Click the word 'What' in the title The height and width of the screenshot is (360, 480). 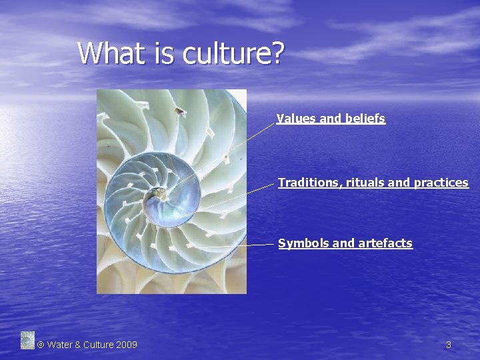(x=107, y=53)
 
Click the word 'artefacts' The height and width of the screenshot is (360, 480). (x=385, y=243)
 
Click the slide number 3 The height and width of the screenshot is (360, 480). (x=448, y=345)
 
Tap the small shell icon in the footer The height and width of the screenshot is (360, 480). (x=27, y=340)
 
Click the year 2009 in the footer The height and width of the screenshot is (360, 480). (x=127, y=345)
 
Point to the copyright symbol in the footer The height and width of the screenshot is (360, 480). (x=41, y=345)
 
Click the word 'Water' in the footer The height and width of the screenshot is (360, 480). (x=60, y=345)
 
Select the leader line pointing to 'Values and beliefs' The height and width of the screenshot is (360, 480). (x=227, y=153)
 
